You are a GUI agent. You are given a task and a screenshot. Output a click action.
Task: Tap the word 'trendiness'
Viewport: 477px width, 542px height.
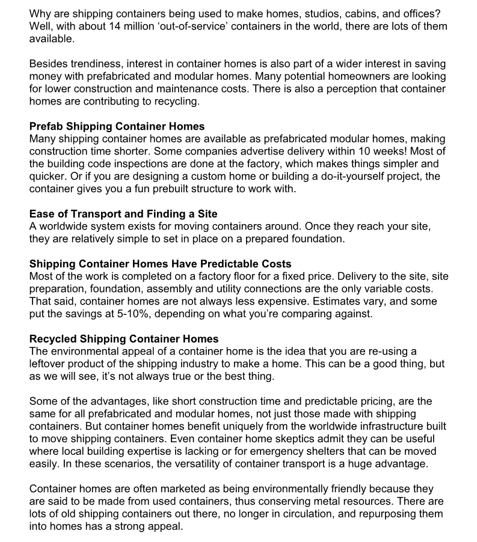point(93,64)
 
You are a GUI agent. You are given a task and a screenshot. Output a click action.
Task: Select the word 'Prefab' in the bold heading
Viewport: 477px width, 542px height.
point(46,126)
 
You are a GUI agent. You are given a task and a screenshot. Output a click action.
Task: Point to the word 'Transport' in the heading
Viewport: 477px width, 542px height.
point(93,215)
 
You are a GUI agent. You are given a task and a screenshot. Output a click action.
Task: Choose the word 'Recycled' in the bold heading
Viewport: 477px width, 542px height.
point(53,340)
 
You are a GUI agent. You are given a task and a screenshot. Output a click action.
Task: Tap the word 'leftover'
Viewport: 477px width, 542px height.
point(48,364)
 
